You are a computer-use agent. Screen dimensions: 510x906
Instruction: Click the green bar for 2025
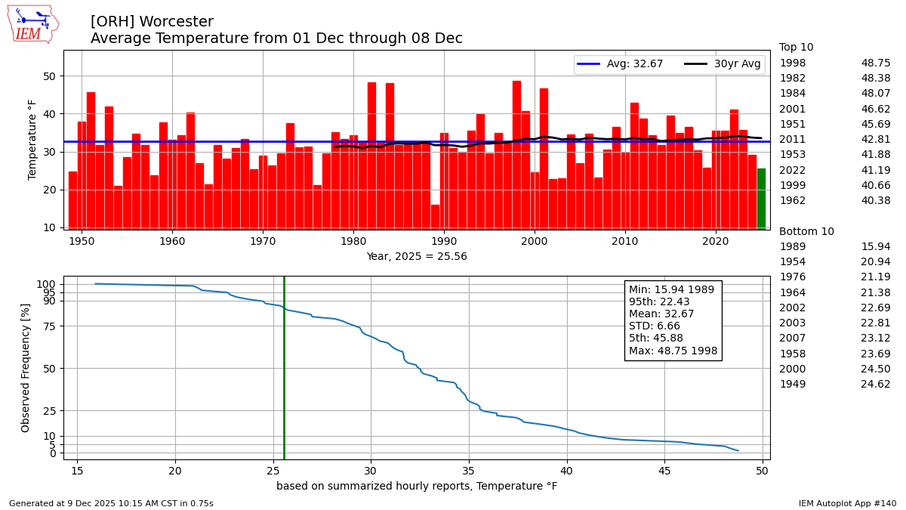pos(761,199)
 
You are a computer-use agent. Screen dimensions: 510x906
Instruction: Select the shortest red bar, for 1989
pos(435,217)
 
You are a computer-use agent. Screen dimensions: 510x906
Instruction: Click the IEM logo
pos(32,24)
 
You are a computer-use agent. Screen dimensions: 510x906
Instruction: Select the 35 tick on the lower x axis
pos(469,469)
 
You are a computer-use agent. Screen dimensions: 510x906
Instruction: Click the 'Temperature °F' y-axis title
pos(32,139)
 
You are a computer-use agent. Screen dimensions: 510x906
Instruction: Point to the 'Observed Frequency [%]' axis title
pos(26,367)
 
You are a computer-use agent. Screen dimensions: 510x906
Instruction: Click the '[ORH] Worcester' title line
pos(152,22)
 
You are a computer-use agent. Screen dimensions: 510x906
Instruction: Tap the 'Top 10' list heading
pos(796,48)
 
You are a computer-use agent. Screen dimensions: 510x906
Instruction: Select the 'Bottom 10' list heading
pos(806,232)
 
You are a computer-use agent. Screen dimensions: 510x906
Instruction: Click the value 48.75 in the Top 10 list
pos(875,63)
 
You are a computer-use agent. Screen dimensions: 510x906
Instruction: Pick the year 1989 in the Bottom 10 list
pos(792,247)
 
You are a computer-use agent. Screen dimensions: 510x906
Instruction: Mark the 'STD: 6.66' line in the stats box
pos(655,326)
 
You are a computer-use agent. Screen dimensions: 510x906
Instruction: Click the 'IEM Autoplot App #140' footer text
pos(847,503)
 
